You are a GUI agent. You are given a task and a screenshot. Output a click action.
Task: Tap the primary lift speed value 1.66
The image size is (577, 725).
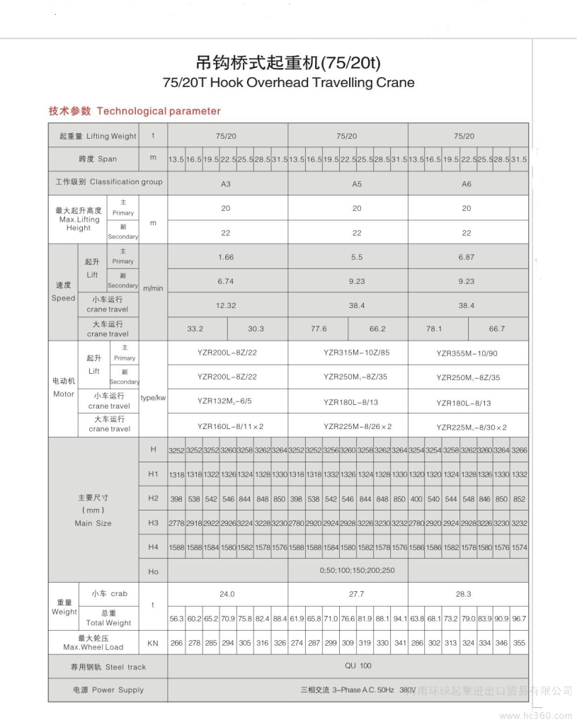pos(227,257)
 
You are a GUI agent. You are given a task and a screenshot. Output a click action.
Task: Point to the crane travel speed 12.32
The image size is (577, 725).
pos(227,305)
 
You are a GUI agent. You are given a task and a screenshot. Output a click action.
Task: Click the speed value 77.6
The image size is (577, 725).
pos(318,329)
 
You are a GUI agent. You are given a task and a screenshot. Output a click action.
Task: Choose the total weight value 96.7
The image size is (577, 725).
pos(519,619)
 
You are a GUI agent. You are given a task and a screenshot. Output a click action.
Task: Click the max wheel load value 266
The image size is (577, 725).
pos(176,644)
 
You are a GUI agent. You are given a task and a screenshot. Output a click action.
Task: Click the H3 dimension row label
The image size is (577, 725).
pos(153,523)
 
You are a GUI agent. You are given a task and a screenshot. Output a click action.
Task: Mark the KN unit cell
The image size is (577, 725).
pos(153,644)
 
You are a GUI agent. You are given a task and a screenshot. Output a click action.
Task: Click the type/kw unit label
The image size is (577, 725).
pos(153,398)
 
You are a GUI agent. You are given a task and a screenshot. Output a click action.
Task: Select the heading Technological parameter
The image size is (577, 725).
pos(159,111)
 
